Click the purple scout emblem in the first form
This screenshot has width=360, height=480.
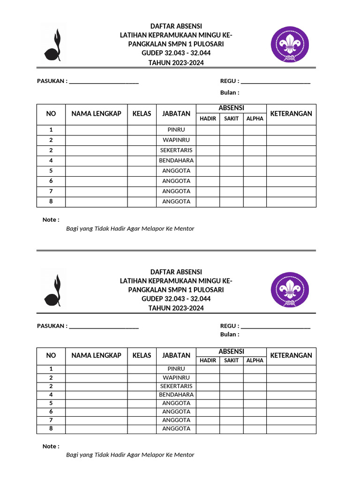(x=289, y=45)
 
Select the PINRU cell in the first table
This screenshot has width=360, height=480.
(x=176, y=130)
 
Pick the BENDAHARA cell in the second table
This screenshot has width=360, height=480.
(x=176, y=395)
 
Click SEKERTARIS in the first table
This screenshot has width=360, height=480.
(x=176, y=150)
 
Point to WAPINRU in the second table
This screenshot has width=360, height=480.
(x=176, y=377)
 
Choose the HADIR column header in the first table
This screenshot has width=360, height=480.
(x=208, y=119)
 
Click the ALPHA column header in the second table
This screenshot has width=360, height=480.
(x=255, y=360)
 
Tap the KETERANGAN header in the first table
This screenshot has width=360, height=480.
(x=291, y=114)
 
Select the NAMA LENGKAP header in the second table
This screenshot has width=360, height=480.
(x=96, y=355)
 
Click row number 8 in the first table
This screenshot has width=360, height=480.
(x=51, y=202)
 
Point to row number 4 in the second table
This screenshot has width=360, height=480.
(x=51, y=395)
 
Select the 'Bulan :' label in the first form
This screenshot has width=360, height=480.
(x=230, y=93)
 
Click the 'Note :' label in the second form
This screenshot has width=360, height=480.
(x=51, y=446)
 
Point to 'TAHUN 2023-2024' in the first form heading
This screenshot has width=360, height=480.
(x=176, y=63)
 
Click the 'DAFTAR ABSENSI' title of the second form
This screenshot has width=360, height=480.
(x=176, y=272)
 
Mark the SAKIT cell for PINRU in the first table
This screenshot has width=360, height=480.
(x=231, y=130)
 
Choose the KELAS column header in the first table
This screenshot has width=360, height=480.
(x=142, y=114)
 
